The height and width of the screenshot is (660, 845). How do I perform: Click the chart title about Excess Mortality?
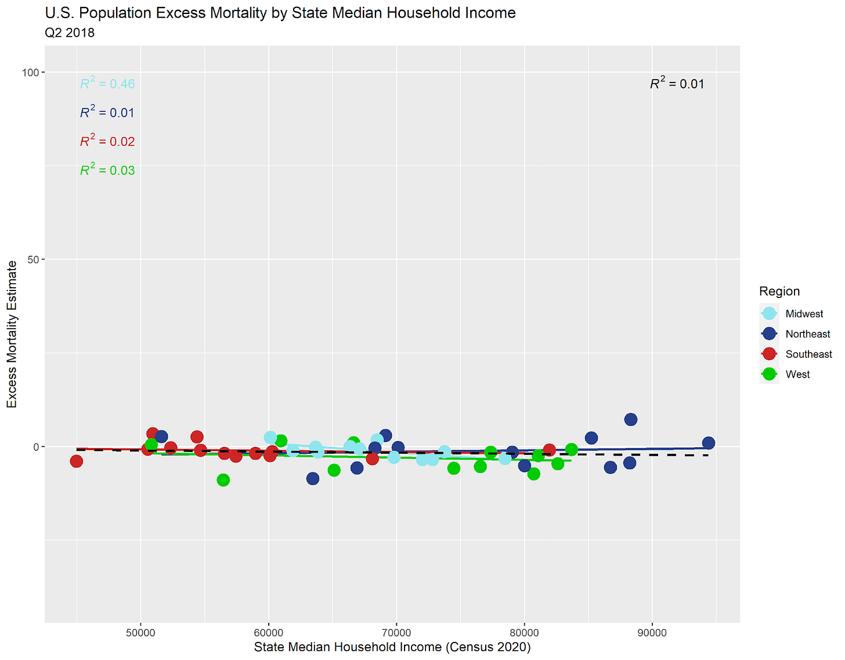280,13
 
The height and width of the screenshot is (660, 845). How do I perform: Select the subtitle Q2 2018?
70,33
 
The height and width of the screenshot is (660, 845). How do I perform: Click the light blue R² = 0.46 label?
107,84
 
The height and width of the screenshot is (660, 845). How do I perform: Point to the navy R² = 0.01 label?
107,112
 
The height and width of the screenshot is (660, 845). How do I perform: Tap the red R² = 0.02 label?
107,141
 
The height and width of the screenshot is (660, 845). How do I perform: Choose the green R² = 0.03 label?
107,170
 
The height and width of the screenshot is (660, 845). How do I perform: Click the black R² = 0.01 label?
677,84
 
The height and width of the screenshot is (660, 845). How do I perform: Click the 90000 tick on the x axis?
652,633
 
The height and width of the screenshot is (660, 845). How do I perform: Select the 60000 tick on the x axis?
269,633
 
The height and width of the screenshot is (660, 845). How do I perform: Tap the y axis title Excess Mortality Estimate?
12,334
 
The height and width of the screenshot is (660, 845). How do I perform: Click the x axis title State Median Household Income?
392,647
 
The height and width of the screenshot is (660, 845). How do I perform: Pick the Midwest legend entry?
804,314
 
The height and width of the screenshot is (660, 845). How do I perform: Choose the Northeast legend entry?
807,334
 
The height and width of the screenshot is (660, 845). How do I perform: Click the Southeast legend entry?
808,354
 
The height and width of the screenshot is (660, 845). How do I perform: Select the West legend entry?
797,375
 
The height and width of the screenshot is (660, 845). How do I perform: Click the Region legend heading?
779,291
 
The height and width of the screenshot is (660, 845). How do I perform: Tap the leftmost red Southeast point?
76,461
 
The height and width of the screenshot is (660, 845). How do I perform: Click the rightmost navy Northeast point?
708,443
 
